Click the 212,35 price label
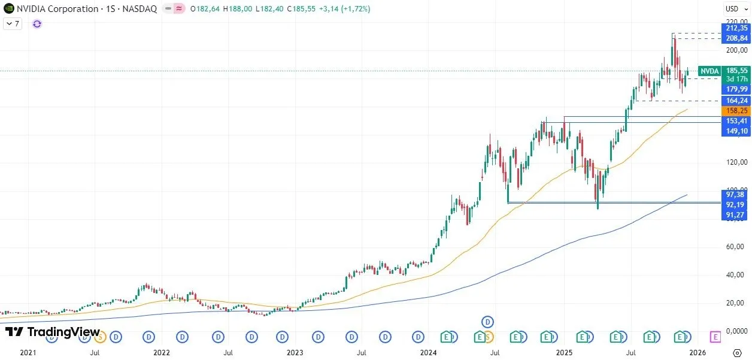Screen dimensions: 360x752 tap(736, 28)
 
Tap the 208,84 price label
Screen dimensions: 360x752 tap(736, 38)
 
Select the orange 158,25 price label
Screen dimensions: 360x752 tap(736, 111)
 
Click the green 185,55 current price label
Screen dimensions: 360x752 tap(736, 70)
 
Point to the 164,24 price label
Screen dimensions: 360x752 tap(736, 101)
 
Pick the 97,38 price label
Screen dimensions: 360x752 tap(736, 195)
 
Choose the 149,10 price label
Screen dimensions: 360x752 tap(736, 131)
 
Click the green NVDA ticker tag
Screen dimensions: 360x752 tap(709, 71)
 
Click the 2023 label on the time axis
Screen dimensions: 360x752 tap(295, 353)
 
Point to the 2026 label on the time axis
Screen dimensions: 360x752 tap(697, 353)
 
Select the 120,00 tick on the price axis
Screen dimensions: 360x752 tap(736, 162)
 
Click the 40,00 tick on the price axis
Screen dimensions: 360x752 tap(736, 275)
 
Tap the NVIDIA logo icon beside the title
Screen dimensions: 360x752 tap(8, 9)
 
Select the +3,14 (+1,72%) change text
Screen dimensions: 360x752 tap(347, 9)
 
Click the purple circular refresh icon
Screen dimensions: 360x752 tap(37, 24)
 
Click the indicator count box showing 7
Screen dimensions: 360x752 tap(13, 24)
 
